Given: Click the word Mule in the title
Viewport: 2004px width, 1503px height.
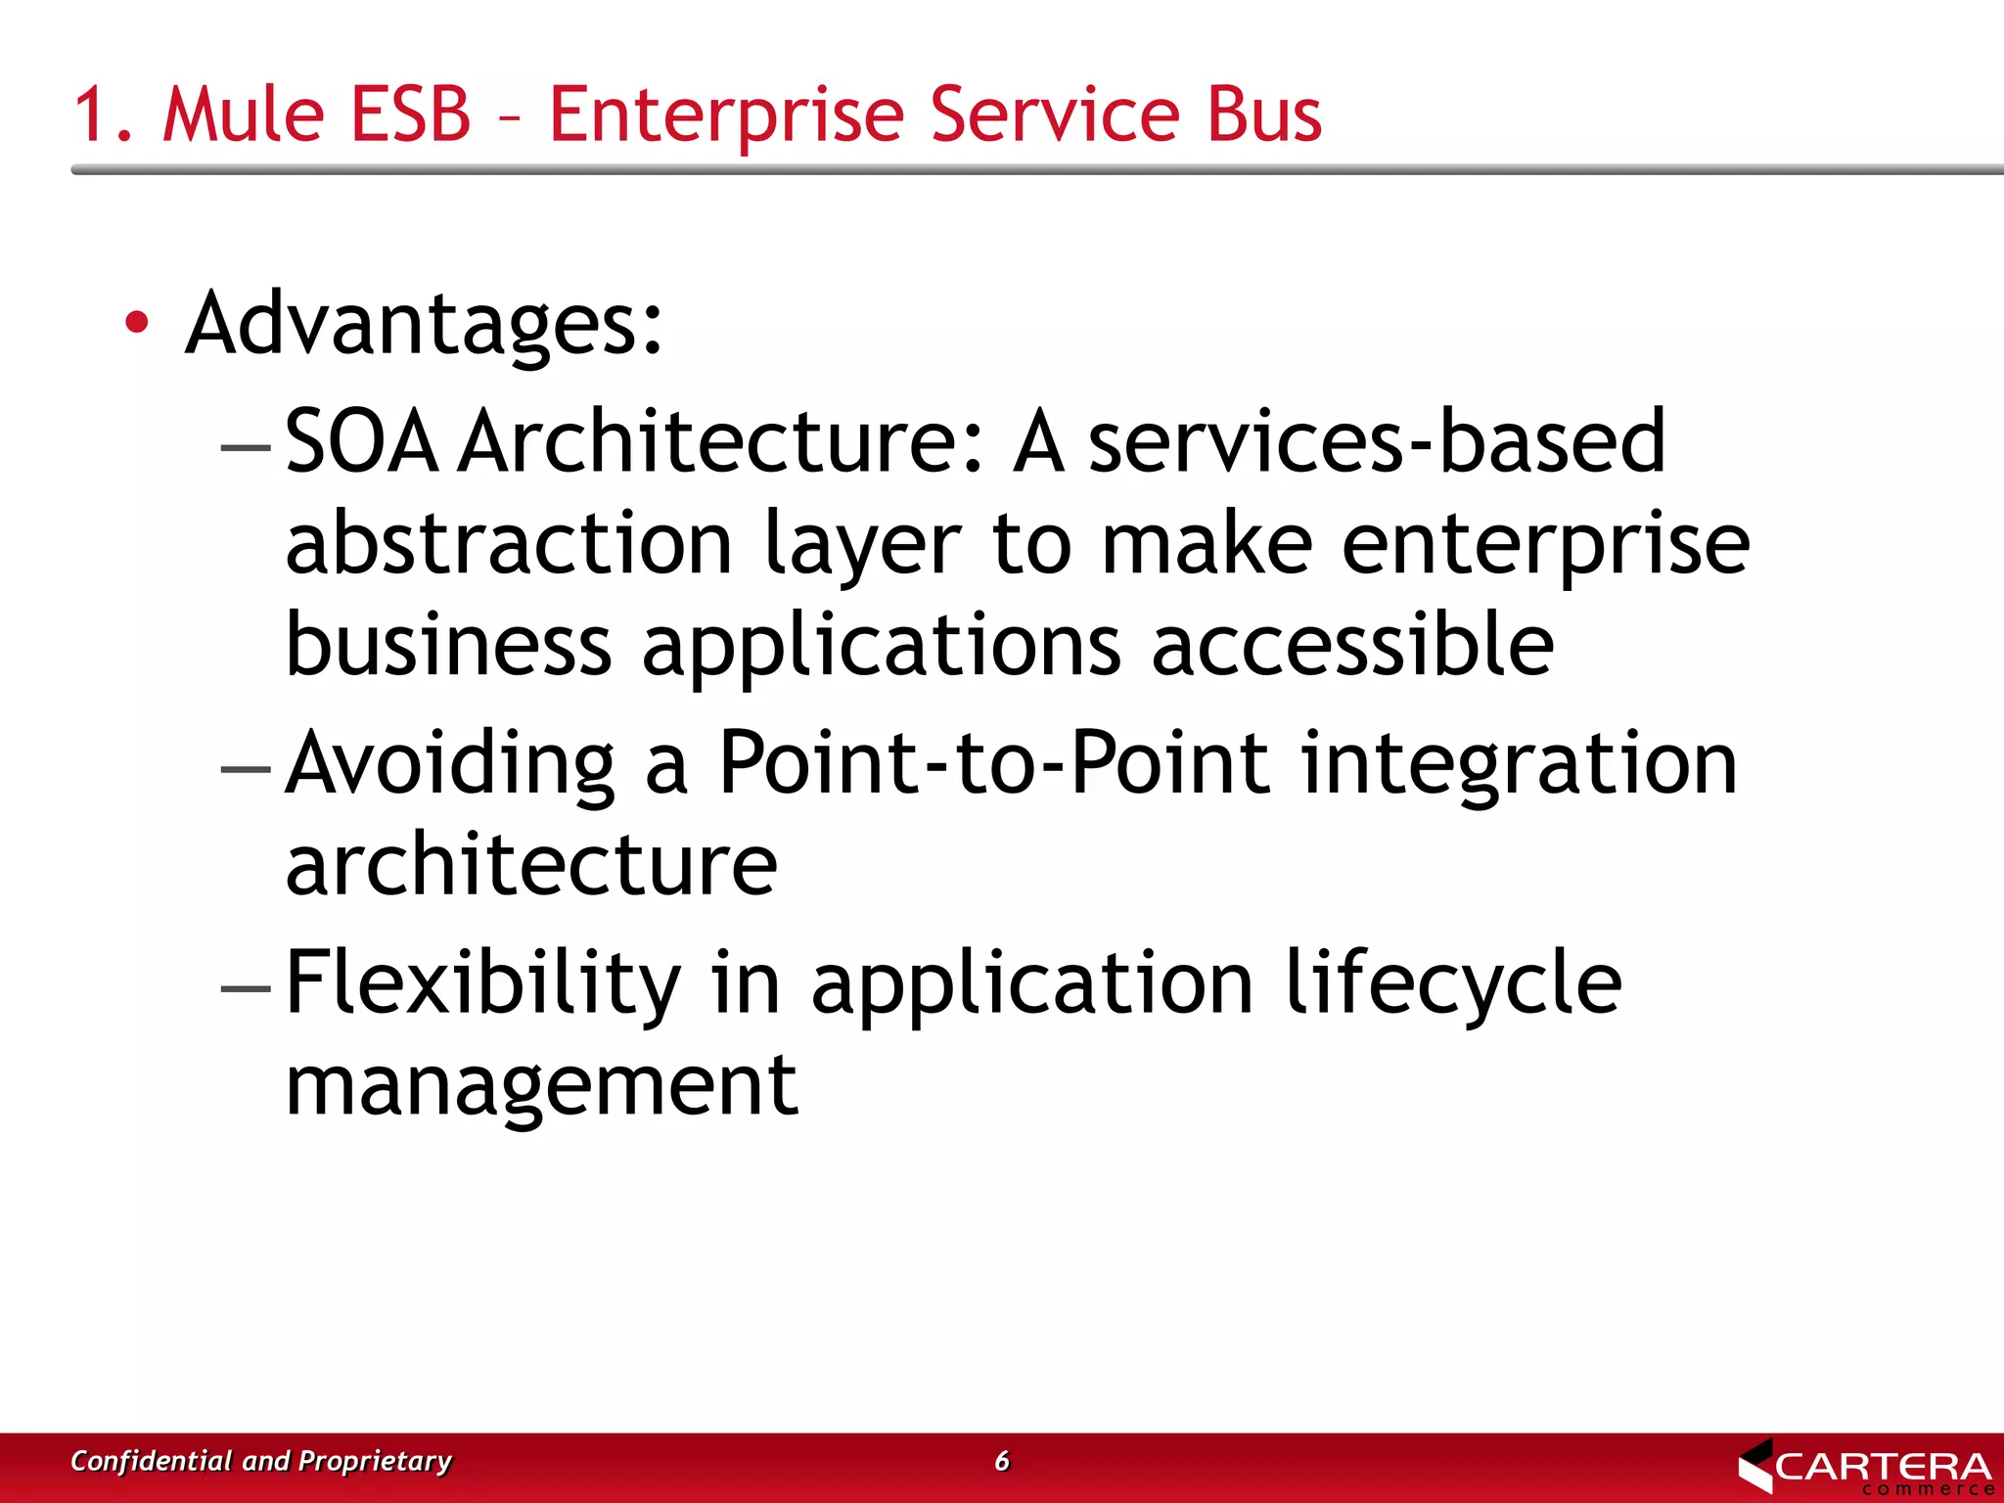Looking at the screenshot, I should pyautogui.click(x=242, y=114).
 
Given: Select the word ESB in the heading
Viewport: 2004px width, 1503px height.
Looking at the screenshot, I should pyautogui.click(x=410, y=114).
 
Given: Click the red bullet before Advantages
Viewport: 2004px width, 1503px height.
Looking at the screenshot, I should pyautogui.click(x=137, y=322).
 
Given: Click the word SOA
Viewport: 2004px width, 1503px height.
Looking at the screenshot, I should pyautogui.click(x=361, y=442).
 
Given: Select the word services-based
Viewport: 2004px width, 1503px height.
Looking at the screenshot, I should pyautogui.click(x=1377, y=442).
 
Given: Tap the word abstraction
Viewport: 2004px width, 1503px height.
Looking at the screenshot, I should pyautogui.click(x=509, y=544).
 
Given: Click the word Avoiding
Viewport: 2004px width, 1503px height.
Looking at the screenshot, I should pyautogui.click(x=451, y=764).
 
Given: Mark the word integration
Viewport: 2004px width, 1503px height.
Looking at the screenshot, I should pyautogui.click(x=1519, y=766).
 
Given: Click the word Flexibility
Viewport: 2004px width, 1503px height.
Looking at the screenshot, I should pyautogui.click(x=483, y=983).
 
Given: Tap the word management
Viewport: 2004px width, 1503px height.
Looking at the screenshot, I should pyautogui.click(x=542, y=1086).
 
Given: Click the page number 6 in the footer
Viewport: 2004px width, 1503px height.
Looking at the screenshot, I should pyautogui.click(x=1002, y=1461).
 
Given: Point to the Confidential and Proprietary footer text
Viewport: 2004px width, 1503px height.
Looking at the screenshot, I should pyautogui.click(x=261, y=1461).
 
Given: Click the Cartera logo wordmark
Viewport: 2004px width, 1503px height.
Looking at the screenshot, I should pyautogui.click(x=1882, y=1467).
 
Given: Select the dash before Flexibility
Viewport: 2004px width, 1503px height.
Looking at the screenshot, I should pyautogui.click(x=246, y=988).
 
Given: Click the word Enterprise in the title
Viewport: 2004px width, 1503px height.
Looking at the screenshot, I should pyautogui.click(x=726, y=114).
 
